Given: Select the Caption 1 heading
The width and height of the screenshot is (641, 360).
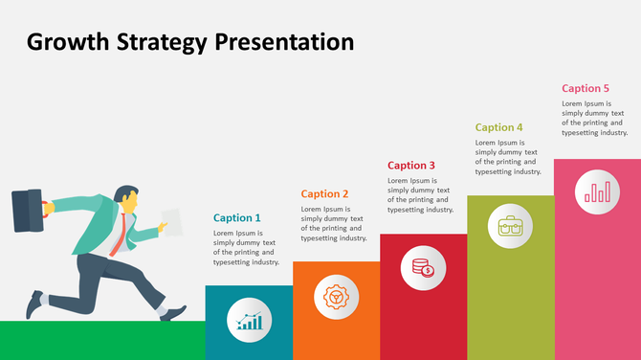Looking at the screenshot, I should [236, 218].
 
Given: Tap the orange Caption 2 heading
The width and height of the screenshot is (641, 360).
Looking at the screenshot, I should [325, 193].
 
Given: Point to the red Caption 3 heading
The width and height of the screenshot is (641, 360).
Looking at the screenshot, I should [411, 166].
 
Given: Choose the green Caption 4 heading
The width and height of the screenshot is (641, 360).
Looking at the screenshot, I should [499, 127].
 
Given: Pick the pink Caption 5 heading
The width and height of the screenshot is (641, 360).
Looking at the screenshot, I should [586, 88].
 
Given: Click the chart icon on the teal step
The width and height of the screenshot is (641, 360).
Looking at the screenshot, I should [250, 323].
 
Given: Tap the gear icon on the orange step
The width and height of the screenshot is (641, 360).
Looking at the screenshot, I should [337, 297].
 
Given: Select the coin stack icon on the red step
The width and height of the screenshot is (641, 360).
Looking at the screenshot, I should [423, 268].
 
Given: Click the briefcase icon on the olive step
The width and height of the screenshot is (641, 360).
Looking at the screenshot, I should [510, 227].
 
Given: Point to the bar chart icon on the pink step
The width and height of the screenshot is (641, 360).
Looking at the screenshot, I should [597, 193].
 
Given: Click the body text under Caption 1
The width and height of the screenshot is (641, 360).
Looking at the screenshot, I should [246, 247].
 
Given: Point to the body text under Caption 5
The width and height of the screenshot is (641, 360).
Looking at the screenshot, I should [594, 118].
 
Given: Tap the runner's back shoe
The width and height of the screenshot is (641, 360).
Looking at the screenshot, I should [36, 304].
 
